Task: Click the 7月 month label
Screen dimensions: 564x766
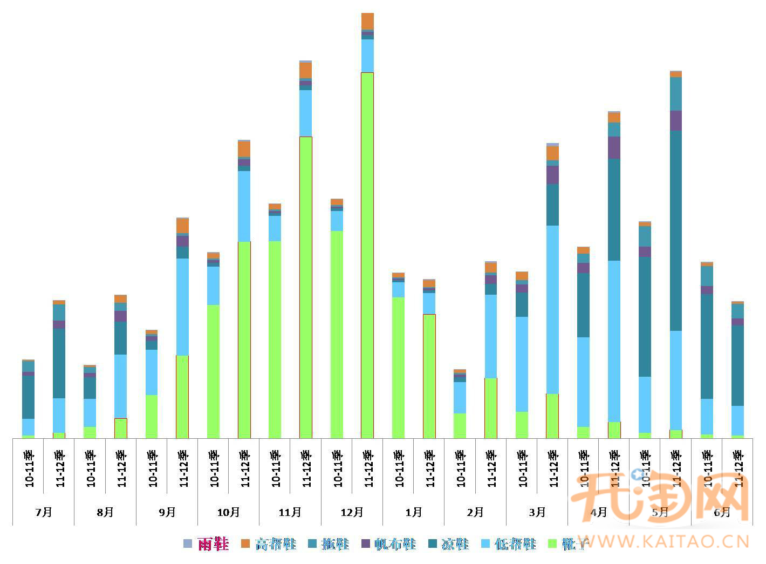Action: pos(44,512)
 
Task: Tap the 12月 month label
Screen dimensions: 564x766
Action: pos(352,512)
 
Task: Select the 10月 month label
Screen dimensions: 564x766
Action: pos(228,512)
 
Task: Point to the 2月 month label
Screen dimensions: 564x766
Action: pos(475,512)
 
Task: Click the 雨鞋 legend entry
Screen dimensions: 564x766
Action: pos(213,543)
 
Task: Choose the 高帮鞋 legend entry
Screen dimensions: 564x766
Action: pos(275,543)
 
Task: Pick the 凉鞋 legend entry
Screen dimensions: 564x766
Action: pos(455,543)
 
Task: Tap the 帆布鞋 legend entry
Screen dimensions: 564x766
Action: pos(395,543)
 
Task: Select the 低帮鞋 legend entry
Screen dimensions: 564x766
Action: pos(515,543)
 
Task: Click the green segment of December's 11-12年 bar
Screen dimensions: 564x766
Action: pos(367,254)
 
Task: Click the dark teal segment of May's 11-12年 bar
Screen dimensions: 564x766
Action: pos(675,230)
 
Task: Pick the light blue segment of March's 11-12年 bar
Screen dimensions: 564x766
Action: pos(552,309)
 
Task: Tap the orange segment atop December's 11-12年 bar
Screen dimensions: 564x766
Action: pos(367,21)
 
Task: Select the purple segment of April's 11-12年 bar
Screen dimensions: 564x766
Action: pos(614,147)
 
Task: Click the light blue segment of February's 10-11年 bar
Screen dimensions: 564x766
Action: pos(460,397)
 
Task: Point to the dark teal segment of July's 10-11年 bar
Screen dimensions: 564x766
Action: pos(28,397)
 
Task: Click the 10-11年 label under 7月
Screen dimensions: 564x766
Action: pos(29,468)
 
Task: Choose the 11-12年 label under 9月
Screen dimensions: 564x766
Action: pos(183,468)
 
